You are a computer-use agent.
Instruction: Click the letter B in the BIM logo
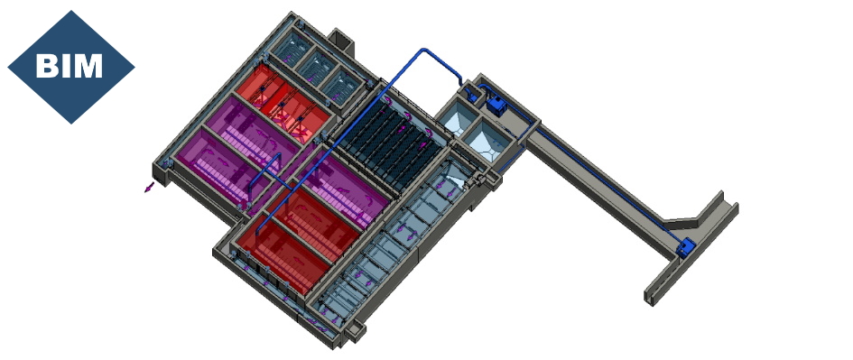46,66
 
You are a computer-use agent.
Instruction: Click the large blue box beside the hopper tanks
496,105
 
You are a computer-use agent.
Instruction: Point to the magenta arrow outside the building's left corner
149,187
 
